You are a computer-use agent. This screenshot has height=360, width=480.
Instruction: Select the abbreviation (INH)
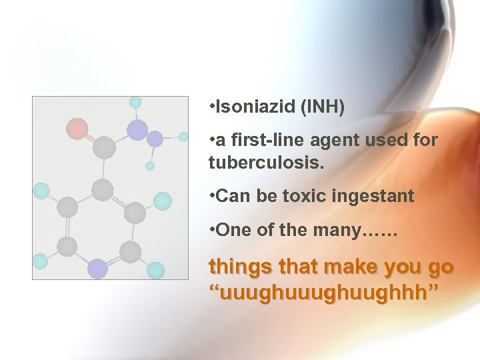tap(323, 107)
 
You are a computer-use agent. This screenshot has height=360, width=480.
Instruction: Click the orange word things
tap(237, 267)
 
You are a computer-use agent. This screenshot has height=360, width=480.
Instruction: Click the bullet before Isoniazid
tap(211, 107)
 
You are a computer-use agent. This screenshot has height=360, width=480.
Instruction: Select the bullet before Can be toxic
tap(211, 196)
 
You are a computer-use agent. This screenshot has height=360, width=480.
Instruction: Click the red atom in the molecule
tap(77, 128)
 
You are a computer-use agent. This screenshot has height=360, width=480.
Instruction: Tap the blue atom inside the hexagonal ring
tap(97, 268)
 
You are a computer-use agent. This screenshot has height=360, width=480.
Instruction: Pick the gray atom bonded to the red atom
tap(103, 147)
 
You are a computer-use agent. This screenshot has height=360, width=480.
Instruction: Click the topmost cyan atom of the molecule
tap(135, 103)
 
